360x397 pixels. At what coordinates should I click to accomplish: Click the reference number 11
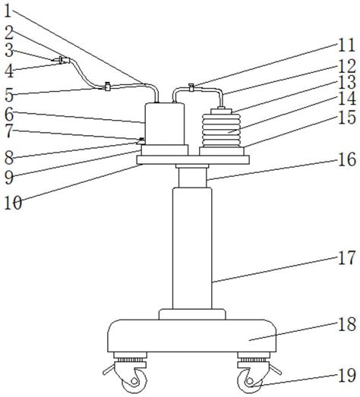point(346,46)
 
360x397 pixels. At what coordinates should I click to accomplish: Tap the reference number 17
point(346,258)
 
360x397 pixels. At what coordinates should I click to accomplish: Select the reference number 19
point(347,375)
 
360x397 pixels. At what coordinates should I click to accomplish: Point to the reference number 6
point(9,115)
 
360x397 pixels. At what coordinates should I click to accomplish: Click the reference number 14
point(347,99)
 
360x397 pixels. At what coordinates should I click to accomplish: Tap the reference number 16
point(347,159)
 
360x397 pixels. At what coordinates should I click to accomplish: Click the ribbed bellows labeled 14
point(221,131)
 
